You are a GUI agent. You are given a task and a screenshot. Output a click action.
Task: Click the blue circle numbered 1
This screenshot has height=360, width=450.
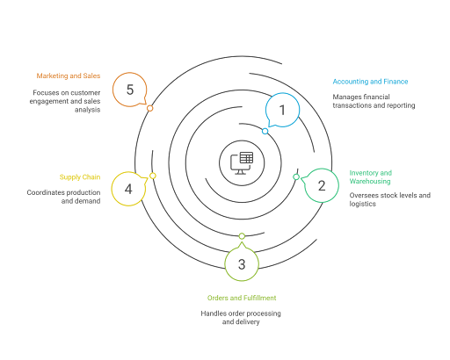(282, 111)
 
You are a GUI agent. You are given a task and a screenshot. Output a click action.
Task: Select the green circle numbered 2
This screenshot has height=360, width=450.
(322, 185)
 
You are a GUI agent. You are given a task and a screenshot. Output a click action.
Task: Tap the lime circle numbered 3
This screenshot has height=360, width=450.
(242, 263)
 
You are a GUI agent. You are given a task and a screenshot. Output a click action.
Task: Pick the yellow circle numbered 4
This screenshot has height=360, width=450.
(129, 189)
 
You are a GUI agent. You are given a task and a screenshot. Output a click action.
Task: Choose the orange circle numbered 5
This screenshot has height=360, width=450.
(130, 90)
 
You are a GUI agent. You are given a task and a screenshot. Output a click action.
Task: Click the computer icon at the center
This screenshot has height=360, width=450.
(241, 162)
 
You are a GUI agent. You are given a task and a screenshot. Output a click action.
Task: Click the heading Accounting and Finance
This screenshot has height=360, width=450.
(370, 82)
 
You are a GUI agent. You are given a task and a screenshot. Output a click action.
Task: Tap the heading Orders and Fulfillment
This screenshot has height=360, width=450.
(241, 299)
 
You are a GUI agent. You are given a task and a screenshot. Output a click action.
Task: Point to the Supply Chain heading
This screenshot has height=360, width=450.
(80, 177)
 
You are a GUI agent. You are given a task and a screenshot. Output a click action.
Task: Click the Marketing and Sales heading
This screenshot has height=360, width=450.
(69, 76)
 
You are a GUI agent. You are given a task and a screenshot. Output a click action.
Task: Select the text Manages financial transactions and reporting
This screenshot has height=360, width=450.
(373, 101)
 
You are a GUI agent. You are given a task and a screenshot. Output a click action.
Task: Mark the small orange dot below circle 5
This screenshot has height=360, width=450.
(150, 108)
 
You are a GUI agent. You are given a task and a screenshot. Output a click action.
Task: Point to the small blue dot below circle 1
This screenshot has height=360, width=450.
(265, 132)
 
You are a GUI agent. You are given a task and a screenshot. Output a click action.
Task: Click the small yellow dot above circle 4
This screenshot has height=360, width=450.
(153, 176)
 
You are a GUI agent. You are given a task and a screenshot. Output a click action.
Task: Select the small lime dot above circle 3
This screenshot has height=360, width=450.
(242, 235)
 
